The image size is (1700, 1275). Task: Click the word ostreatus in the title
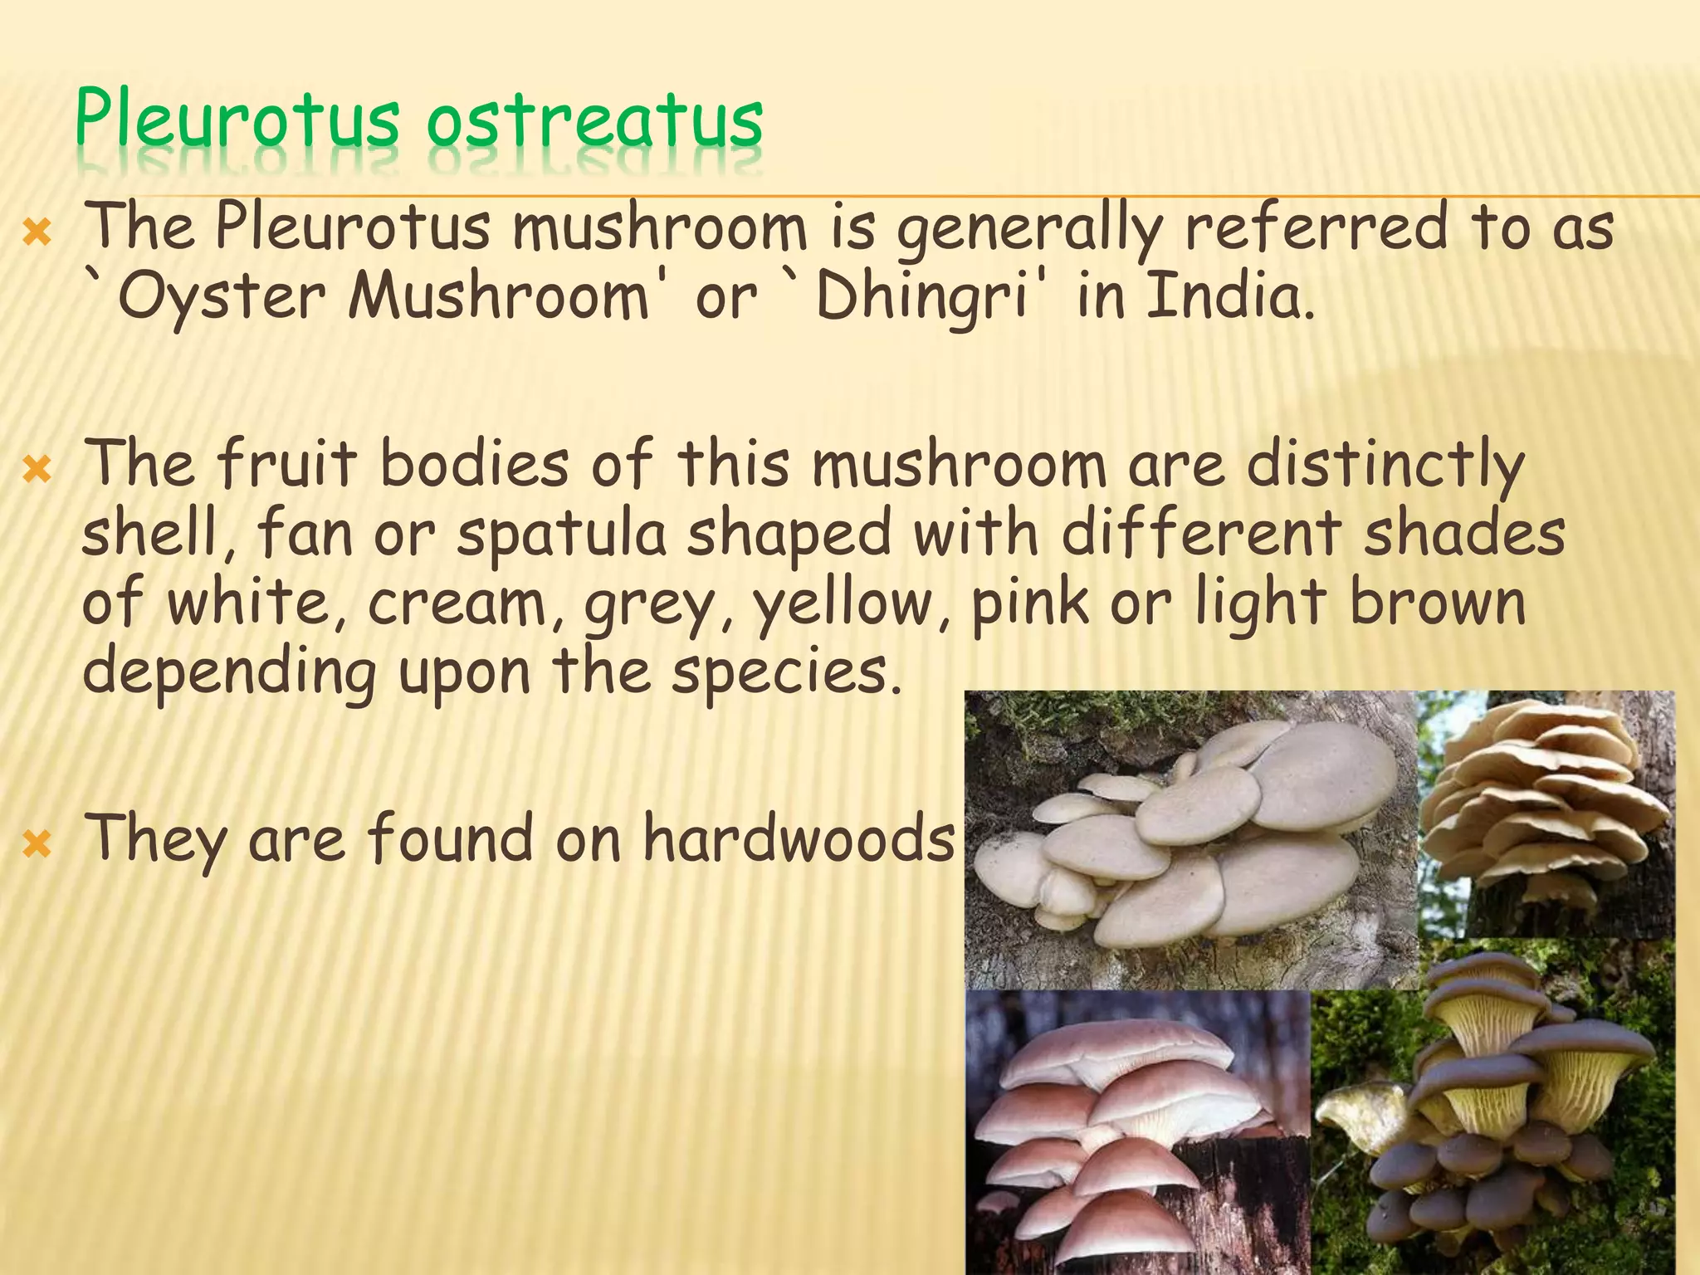(x=594, y=123)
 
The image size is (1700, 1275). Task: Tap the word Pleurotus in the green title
(x=237, y=123)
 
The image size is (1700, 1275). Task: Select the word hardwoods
(x=799, y=838)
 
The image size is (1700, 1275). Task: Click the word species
(x=784, y=672)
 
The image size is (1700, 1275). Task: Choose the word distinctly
(x=1385, y=465)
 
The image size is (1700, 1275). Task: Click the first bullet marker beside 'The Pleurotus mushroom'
(x=37, y=235)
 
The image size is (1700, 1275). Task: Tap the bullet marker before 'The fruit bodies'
(x=37, y=471)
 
